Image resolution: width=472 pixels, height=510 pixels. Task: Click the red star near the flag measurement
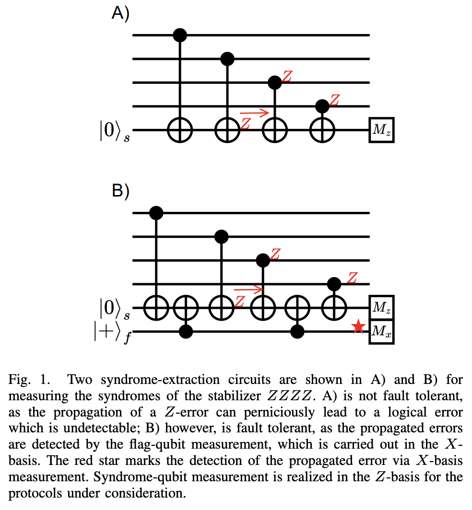[x=356, y=328]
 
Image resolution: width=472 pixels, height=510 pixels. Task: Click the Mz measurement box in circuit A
[x=381, y=129]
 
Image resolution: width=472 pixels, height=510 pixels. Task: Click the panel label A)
[x=120, y=13]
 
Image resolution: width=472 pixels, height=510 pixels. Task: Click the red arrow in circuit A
[x=254, y=113]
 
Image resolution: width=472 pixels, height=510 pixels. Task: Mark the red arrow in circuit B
[x=248, y=290]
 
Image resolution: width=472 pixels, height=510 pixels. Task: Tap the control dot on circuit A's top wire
[x=180, y=35]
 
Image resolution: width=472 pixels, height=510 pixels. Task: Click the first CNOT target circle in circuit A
[x=180, y=129]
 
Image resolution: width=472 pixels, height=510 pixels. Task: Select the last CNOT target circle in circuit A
[x=322, y=129]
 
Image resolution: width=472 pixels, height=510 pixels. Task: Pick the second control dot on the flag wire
[x=298, y=331]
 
